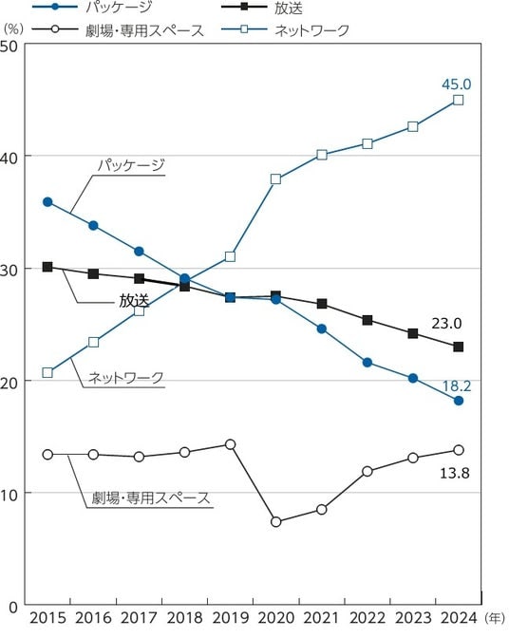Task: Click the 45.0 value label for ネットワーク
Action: tap(456, 84)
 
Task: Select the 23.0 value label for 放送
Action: tap(446, 324)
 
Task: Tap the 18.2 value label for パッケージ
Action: tap(457, 385)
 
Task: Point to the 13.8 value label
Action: tap(455, 473)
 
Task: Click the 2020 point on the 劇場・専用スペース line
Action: tap(275, 521)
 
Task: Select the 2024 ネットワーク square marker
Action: tap(458, 100)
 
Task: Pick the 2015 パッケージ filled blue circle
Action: tap(47, 202)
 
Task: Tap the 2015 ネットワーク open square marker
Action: tap(47, 373)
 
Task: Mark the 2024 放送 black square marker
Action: tap(458, 347)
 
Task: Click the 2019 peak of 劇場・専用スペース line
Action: tap(231, 444)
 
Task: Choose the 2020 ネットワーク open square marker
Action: tap(275, 179)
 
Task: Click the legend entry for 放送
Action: tap(262, 9)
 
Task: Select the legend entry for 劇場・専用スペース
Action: tap(118, 30)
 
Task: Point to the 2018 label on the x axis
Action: tap(185, 618)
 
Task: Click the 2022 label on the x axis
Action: tap(368, 618)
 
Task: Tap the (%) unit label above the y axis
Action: tap(13, 29)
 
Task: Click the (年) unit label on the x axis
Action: tap(495, 618)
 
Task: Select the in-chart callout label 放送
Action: tap(134, 300)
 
